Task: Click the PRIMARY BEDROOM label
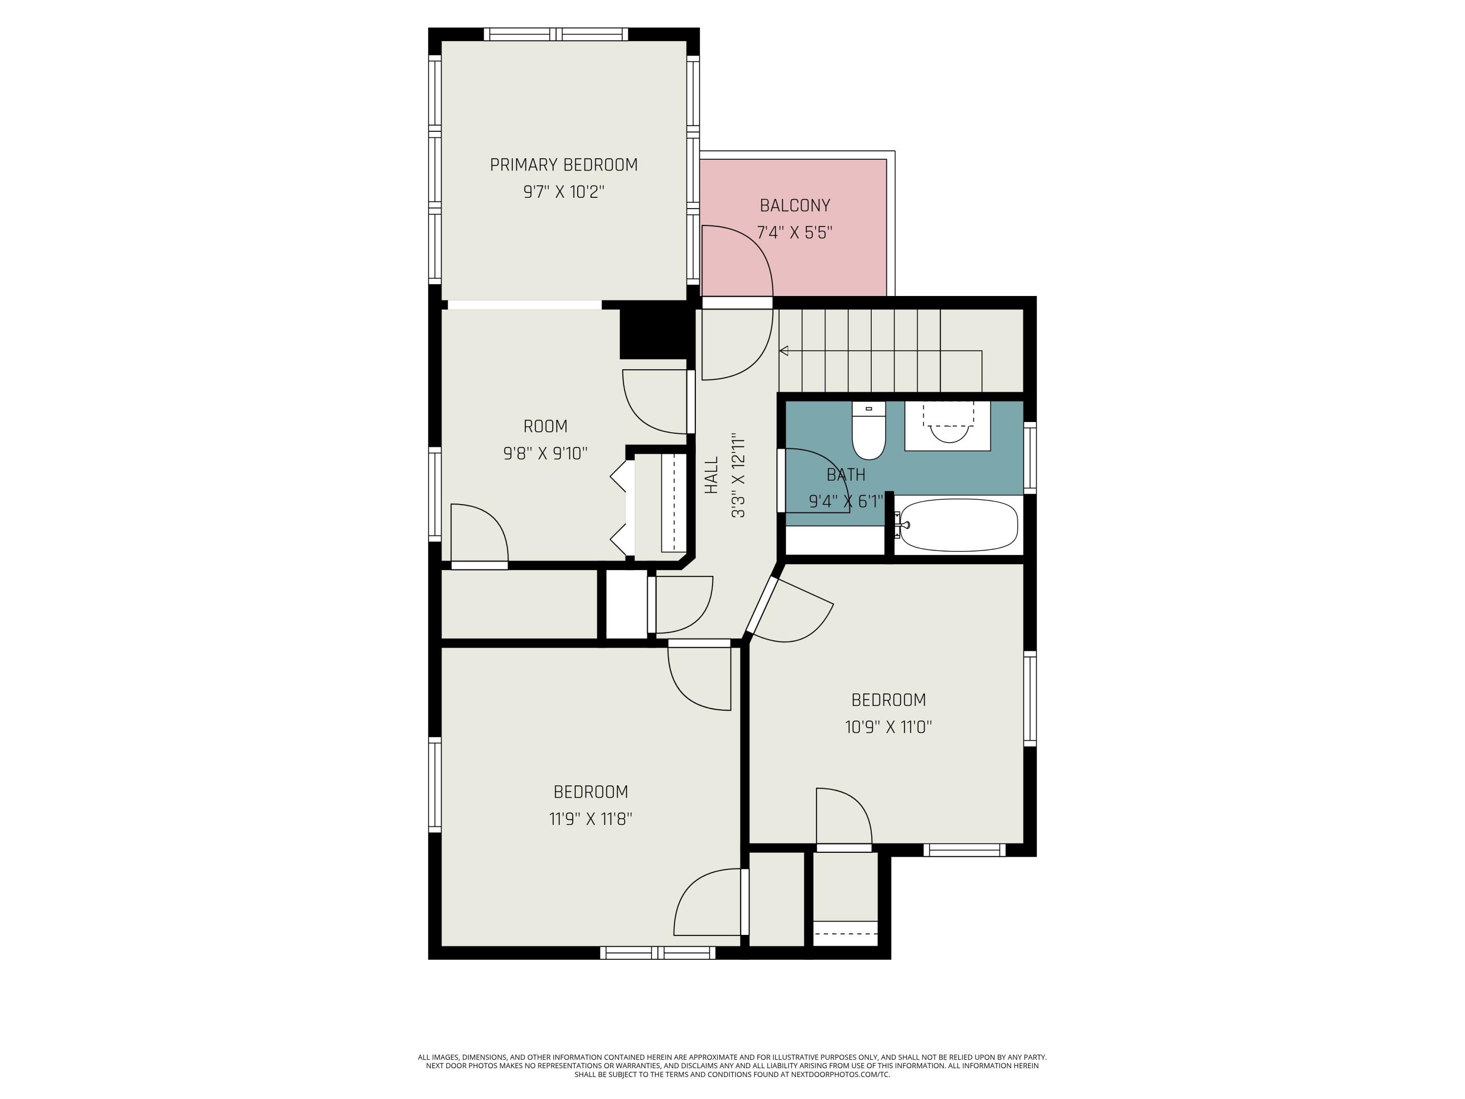pos(564,165)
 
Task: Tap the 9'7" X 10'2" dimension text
pos(564,192)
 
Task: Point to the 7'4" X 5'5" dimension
pos(795,232)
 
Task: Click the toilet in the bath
pos(868,433)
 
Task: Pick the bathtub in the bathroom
pos(958,525)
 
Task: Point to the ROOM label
pos(545,426)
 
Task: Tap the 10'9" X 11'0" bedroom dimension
pos(888,727)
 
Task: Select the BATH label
pos(846,475)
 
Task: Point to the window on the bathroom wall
pos(1030,458)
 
